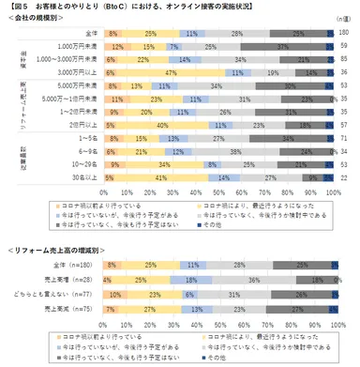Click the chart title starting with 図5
click(131, 8)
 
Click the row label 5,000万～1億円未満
click(64, 97)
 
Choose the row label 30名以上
click(75, 176)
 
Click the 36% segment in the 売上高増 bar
click(252, 280)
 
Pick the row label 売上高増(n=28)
click(66, 280)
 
